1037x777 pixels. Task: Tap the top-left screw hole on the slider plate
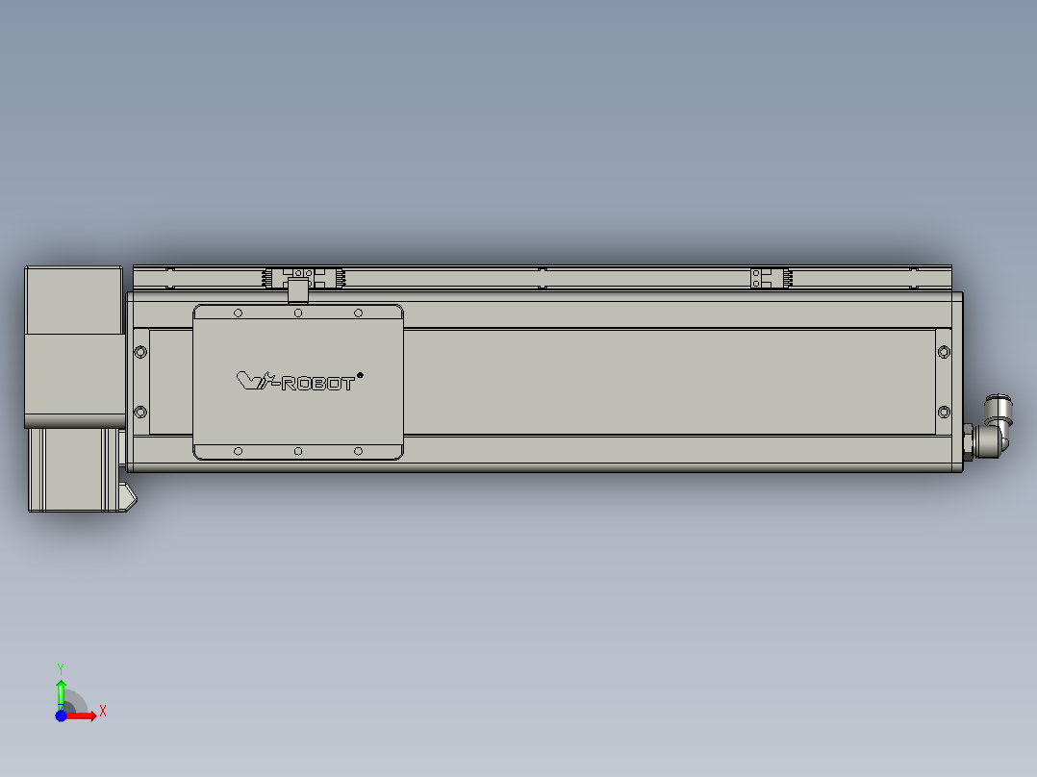click(238, 313)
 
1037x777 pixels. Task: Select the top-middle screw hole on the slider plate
click(298, 313)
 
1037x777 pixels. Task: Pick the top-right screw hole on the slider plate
click(358, 313)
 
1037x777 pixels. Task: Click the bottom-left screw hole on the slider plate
click(238, 451)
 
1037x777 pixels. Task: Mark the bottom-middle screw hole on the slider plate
click(298, 451)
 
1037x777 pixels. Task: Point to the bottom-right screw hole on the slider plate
click(358, 451)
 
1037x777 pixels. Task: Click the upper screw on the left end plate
click(140, 352)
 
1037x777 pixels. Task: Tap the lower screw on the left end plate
click(140, 413)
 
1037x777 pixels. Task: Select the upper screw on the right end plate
click(943, 352)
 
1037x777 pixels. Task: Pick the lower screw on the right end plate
click(943, 413)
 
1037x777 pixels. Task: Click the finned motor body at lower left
click(70, 468)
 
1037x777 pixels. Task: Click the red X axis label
click(103, 712)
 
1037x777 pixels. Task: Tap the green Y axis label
click(61, 667)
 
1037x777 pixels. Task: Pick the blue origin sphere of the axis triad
click(62, 715)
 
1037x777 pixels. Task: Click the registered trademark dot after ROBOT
click(360, 375)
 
